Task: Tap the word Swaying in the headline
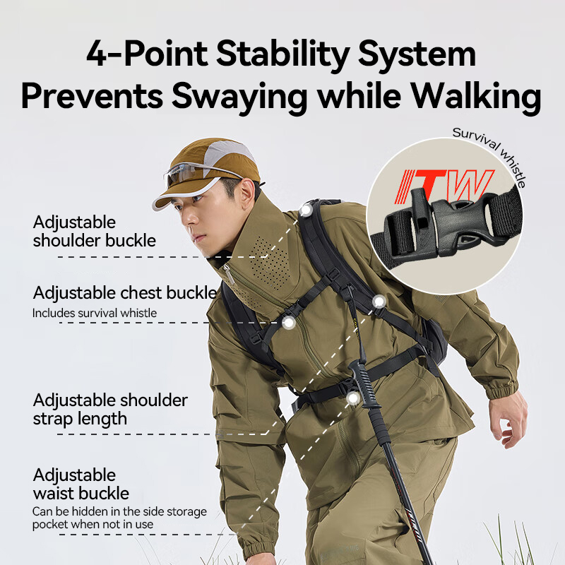click(x=239, y=97)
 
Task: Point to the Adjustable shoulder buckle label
click(x=94, y=232)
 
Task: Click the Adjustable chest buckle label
click(x=125, y=293)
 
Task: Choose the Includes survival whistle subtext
click(x=95, y=313)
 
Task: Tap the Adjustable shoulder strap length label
click(x=110, y=410)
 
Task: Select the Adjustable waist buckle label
click(x=81, y=484)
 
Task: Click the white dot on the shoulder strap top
click(x=306, y=210)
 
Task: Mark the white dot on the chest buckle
click(x=289, y=323)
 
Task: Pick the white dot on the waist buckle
click(x=353, y=398)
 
